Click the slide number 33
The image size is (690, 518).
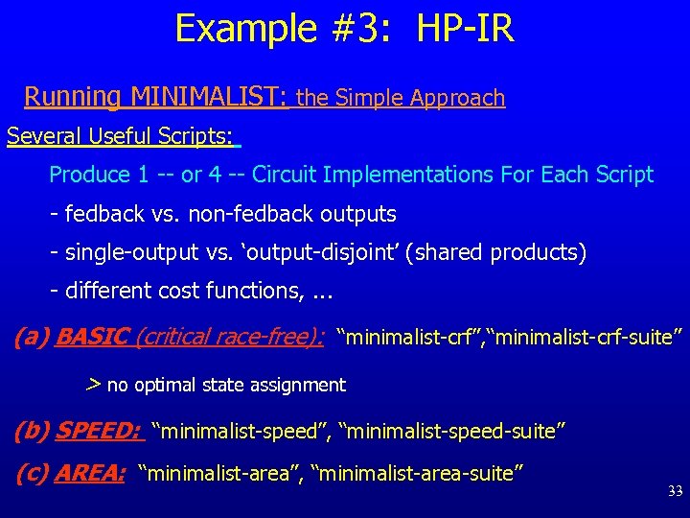(675, 491)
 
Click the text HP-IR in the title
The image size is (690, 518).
(466, 28)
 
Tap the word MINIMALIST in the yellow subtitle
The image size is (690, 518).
(209, 97)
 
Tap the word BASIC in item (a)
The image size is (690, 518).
(93, 337)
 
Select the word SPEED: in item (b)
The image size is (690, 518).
(100, 432)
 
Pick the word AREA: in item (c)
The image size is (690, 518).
(90, 472)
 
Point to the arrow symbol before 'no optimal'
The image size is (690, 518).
(93, 385)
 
